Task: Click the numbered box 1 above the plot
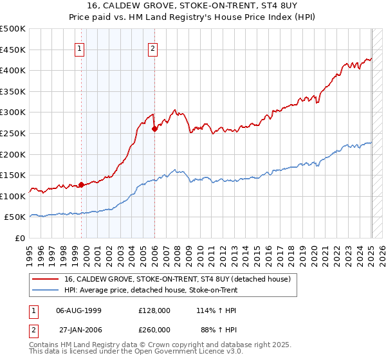click(x=79, y=48)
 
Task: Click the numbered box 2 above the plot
click(x=152, y=48)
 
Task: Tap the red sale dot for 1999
click(x=81, y=184)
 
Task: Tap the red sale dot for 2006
click(x=154, y=129)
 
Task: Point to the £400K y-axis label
click(x=13, y=70)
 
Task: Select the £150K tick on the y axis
click(x=13, y=175)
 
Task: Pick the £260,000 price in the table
click(x=154, y=330)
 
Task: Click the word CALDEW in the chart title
click(x=128, y=7)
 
